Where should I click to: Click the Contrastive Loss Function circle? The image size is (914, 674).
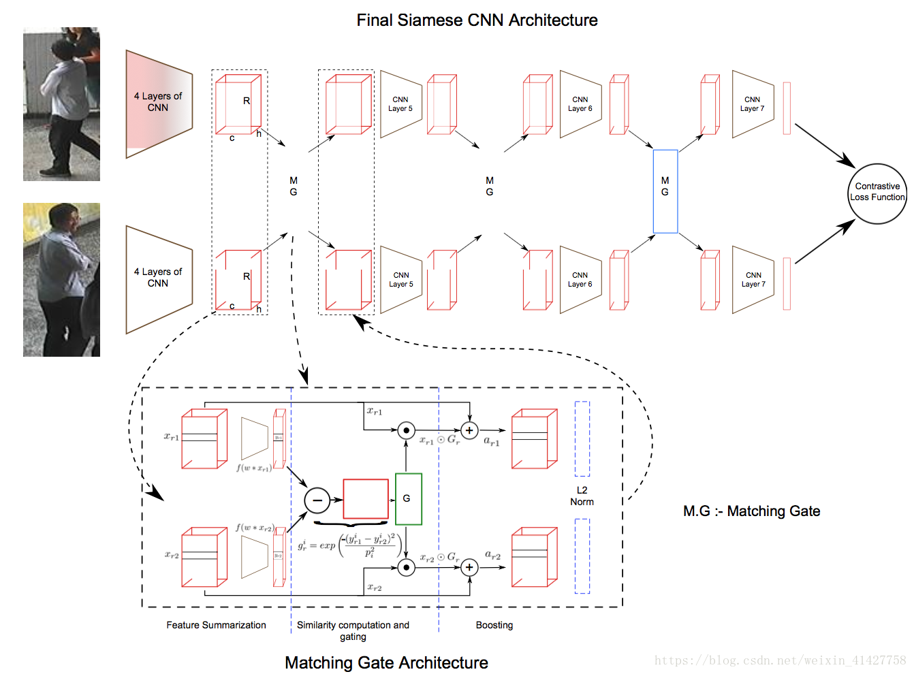pos(877,193)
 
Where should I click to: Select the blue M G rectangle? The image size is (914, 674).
pos(665,191)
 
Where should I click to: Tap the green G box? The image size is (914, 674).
pos(408,499)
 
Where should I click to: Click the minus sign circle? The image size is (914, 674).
pos(317,500)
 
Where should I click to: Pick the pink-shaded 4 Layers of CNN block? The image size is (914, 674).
pos(159,103)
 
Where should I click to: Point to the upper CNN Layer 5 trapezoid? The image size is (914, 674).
pos(400,104)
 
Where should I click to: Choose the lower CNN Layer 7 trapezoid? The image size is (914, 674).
pos(753,280)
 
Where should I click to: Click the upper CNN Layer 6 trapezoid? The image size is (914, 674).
pos(580,104)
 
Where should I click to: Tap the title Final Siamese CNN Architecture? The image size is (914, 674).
pos(477,20)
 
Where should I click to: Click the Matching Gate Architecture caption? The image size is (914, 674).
pos(386,662)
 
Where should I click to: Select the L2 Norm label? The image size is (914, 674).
pos(582,496)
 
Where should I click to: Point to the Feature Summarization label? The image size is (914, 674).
pos(216,625)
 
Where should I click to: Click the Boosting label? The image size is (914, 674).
pos(494,625)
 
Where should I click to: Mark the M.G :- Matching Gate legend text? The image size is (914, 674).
pos(751,511)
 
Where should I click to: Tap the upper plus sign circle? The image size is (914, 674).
pos(469,430)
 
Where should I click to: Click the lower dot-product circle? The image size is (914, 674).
pos(406,567)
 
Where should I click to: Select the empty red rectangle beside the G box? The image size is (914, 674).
pos(366,499)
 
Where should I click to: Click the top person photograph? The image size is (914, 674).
pos(61,104)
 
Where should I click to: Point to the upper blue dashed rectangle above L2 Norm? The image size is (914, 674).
pos(582,438)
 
